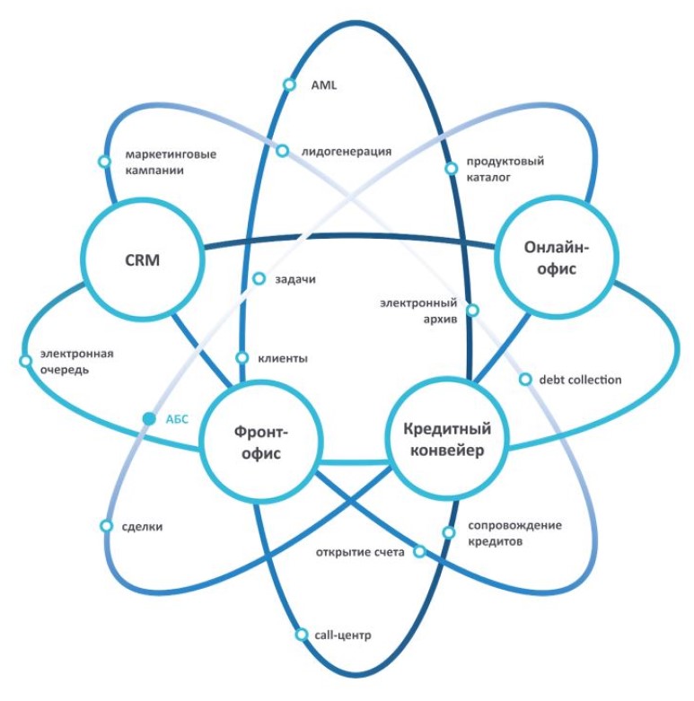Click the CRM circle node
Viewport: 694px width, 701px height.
(x=142, y=260)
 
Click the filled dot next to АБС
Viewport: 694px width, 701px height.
(x=149, y=417)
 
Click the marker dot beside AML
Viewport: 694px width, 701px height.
(x=289, y=85)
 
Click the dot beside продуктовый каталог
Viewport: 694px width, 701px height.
(x=451, y=168)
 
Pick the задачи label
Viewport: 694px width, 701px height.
(x=296, y=279)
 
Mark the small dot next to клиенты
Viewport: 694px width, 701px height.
(x=242, y=358)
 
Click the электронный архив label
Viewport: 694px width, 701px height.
(x=420, y=311)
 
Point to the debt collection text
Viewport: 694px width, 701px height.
(x=580, y=380)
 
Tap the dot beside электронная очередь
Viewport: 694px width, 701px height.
(x=25, y=361)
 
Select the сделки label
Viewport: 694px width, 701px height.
(x=142, y=527)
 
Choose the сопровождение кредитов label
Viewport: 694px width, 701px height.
(x=514, y=534)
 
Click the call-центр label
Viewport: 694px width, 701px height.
(x=342, y=635)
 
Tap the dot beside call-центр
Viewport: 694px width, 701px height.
(x=302, y=635)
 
